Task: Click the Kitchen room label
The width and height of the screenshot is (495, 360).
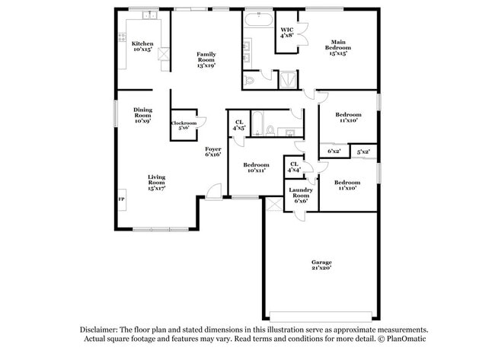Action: coord(142,46)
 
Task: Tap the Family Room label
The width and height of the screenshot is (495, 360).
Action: coord(206,59)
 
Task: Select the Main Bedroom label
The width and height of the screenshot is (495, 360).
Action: coord(340,47)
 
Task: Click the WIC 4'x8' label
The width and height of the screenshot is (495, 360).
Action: coord(287,33)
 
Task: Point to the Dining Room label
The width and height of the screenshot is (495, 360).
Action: coord(142,115)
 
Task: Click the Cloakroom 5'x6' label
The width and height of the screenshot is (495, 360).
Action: coord(184,126)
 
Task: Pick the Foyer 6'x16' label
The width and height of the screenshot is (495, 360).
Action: coord(212,151)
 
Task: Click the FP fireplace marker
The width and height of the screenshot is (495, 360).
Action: coord(121,199)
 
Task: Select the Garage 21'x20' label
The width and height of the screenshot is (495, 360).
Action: coord(321,266)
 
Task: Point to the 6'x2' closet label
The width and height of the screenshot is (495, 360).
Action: coord(334,151)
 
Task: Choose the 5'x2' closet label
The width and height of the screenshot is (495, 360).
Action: coord(365,151)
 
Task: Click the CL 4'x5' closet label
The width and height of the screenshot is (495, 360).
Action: coord(239,125)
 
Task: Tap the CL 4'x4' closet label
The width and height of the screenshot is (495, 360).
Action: coord(294,167)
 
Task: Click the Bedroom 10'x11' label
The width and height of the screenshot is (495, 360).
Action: coord(256,167)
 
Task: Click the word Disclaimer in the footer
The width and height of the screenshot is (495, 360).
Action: coord(102,330)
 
